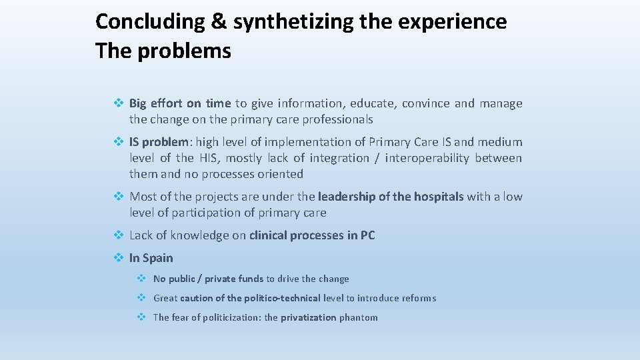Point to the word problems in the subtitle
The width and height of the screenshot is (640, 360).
click(184, 51)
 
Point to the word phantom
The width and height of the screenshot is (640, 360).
click(358, 317)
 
